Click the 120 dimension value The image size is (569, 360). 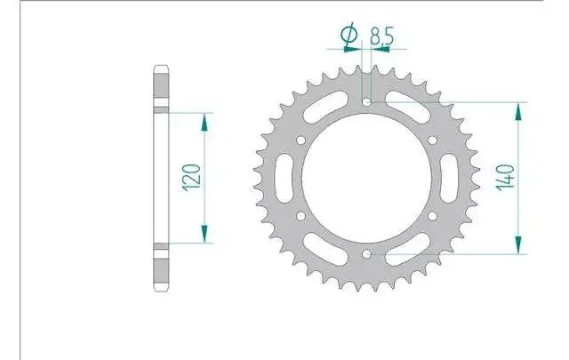point(192,177)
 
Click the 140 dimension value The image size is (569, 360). point(505,178)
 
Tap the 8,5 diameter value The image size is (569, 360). point(381,36)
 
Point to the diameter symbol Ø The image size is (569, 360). point(349,34)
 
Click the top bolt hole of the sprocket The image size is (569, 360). point(367,102)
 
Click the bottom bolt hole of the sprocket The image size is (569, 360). point(367,254)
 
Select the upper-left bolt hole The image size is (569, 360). point(301,140)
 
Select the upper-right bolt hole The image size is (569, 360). point(433,140)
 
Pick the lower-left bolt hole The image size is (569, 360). point(301,216)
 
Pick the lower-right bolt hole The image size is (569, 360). point(433,216)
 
